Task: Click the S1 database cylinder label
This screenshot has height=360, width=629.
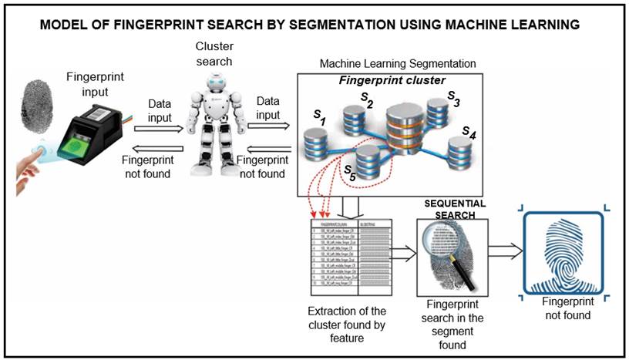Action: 320,116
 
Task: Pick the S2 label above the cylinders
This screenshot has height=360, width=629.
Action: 368,99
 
